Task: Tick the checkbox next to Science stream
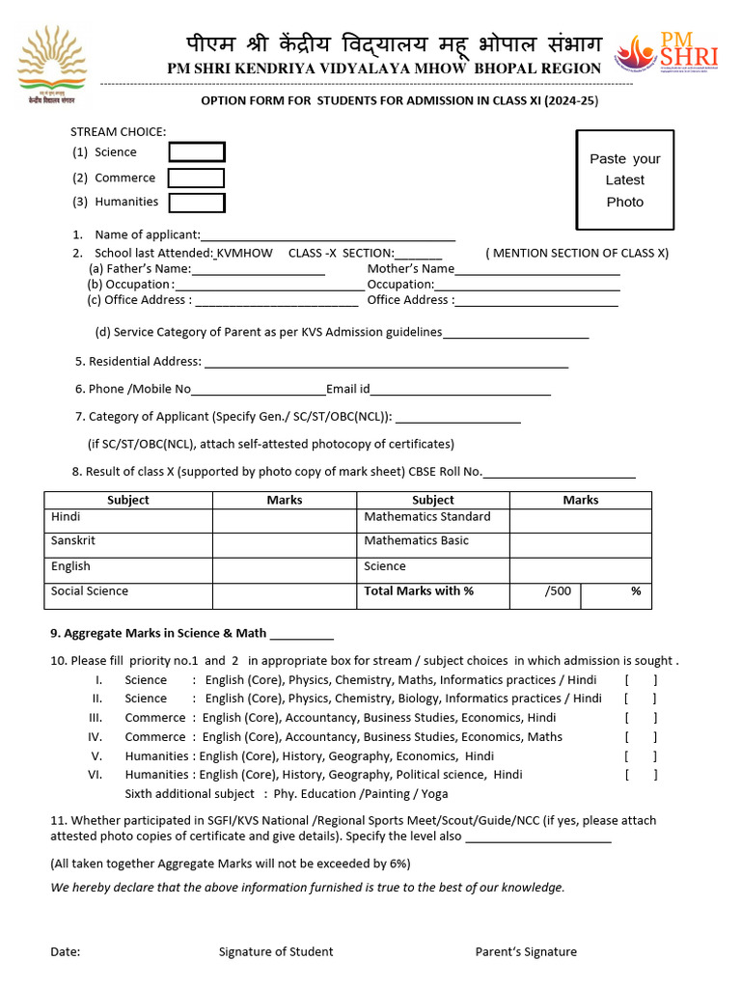point(197,152)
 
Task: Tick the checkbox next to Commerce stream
point(196,178)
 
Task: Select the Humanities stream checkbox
point(197,203)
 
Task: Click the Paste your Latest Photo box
point(624,180)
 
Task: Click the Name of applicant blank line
point(328,235)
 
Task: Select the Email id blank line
point(461,390)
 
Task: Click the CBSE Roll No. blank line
point(559,472)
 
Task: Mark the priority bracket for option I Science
point(641,680)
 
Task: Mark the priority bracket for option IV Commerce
point(641,737)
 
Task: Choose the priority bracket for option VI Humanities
point(641,775)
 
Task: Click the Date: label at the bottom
point(66,952)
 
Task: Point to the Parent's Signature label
point(526,952)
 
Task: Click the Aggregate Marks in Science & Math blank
point(302,635)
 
